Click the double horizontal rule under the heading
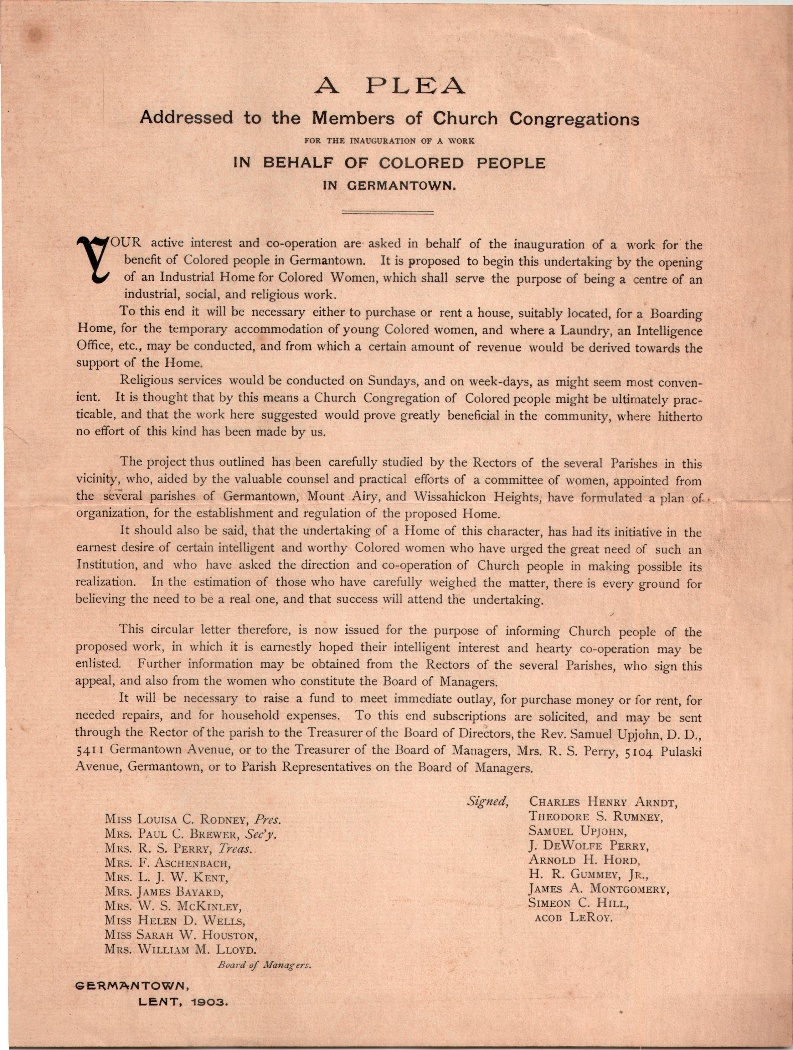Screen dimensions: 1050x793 tap(388, 212)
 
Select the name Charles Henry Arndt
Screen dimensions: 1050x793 tap(603, 802)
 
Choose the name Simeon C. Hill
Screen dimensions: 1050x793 tap(578, 903)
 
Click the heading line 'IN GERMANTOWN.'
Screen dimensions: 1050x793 tap(389, 186)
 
